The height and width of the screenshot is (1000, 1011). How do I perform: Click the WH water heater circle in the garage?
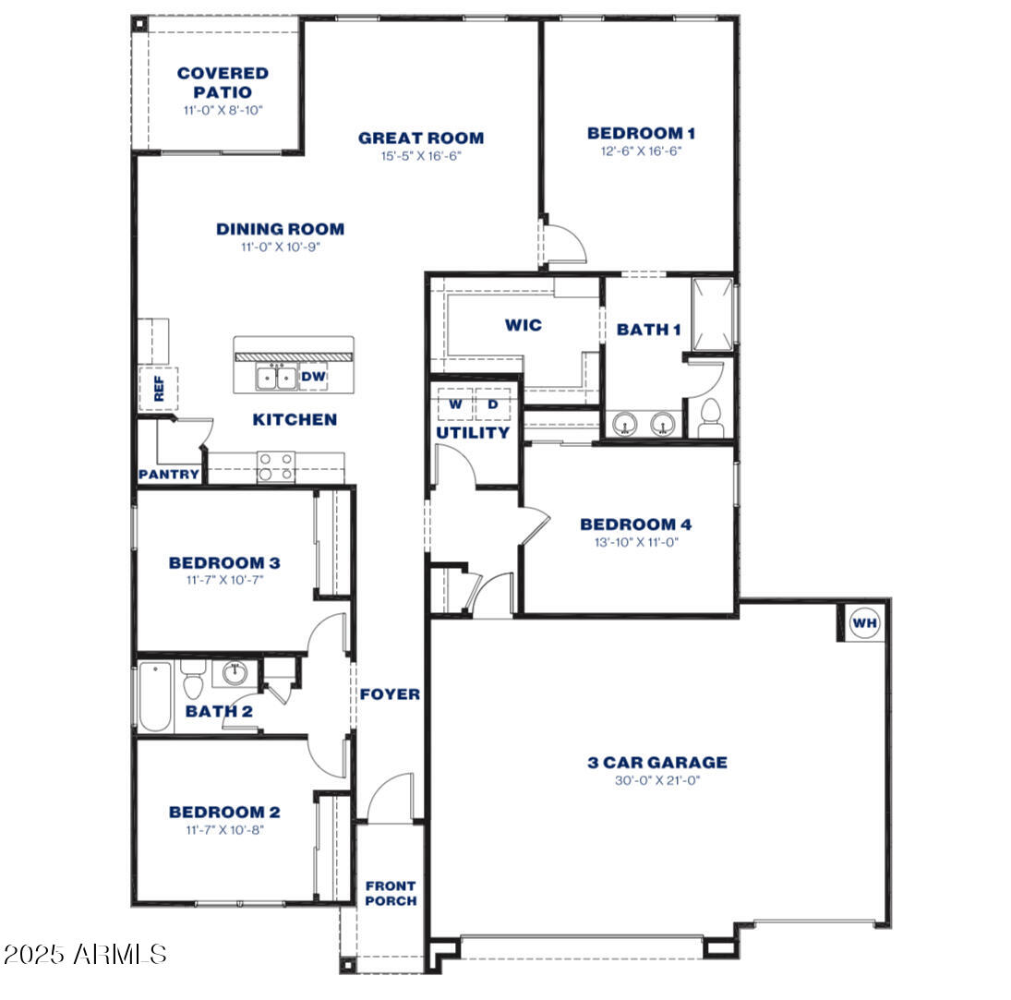(x=865, y=623)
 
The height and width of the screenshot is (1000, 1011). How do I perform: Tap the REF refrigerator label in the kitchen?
(x=158, y=387)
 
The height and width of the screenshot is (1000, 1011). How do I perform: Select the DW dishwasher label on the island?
(x=313, y=377)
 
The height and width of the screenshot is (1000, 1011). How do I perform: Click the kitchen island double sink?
(x=276, y=377)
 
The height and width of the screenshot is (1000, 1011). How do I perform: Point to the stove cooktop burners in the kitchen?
(x=275, y=466)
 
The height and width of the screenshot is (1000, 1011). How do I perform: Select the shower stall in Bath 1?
(x=712, y=313)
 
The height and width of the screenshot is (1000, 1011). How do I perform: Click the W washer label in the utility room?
(x=455, y=404)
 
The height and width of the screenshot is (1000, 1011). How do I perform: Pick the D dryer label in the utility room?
(x=493, y=404)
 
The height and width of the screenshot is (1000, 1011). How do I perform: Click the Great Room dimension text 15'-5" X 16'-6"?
(x=421, y=156)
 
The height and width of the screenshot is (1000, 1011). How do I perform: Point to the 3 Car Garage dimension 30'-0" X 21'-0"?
(x=657, y=780)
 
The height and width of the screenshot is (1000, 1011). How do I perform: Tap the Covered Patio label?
(x=223, y=82)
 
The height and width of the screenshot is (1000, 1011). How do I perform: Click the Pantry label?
(x=169, y=475)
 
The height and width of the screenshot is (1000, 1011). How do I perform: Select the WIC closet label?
(x=523, y=325)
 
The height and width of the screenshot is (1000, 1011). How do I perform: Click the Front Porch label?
(x=391, y=893)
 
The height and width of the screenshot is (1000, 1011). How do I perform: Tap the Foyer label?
(x=390, y=694)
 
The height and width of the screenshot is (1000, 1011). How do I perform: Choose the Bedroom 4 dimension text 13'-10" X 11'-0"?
(x=635, y=543)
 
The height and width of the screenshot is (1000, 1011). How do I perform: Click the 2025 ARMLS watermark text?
(x=85, y=954)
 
